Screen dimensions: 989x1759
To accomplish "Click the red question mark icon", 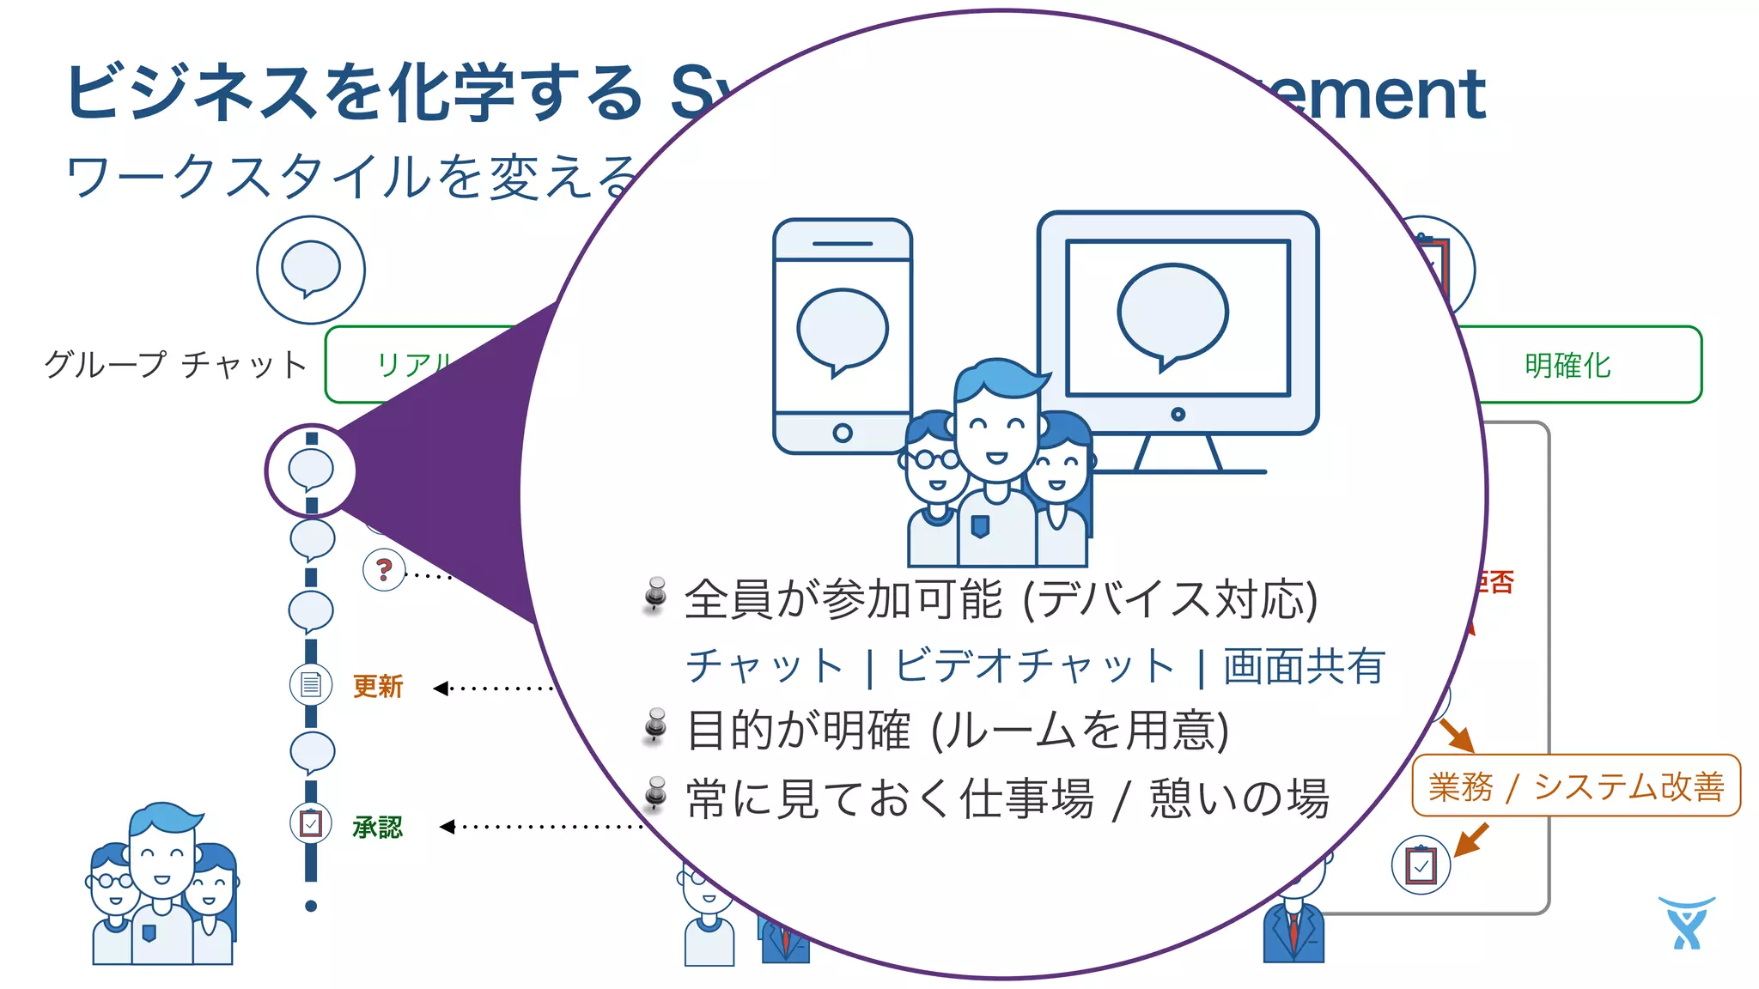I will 384,569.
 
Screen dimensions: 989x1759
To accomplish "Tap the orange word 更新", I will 378,686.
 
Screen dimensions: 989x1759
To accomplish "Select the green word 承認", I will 378,827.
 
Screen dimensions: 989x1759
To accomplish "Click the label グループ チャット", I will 176,365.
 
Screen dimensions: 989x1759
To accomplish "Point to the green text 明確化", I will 1567,366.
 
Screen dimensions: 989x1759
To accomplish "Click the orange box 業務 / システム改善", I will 1576,786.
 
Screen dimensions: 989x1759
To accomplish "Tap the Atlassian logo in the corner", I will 1686,923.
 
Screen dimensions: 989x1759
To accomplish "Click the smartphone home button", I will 843,433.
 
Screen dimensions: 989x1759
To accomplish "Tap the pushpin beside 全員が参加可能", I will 656,594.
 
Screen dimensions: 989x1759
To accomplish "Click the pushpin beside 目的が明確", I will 656,726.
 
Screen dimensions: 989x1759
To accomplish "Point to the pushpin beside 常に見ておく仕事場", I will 656,793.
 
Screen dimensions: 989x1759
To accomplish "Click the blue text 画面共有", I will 1304,666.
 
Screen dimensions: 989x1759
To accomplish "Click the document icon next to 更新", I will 311,685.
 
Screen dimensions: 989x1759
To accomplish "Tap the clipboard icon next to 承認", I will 311,824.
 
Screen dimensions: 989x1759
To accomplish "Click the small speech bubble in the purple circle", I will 311,470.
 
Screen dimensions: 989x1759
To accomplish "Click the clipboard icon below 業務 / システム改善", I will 1421,865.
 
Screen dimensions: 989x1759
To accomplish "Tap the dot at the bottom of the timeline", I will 311,906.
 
